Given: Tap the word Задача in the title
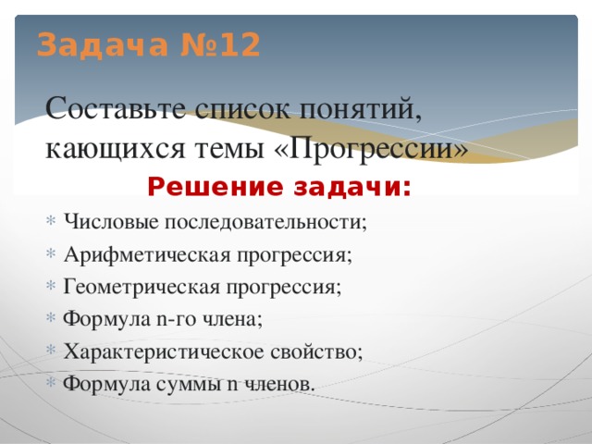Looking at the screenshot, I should (102, 44).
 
